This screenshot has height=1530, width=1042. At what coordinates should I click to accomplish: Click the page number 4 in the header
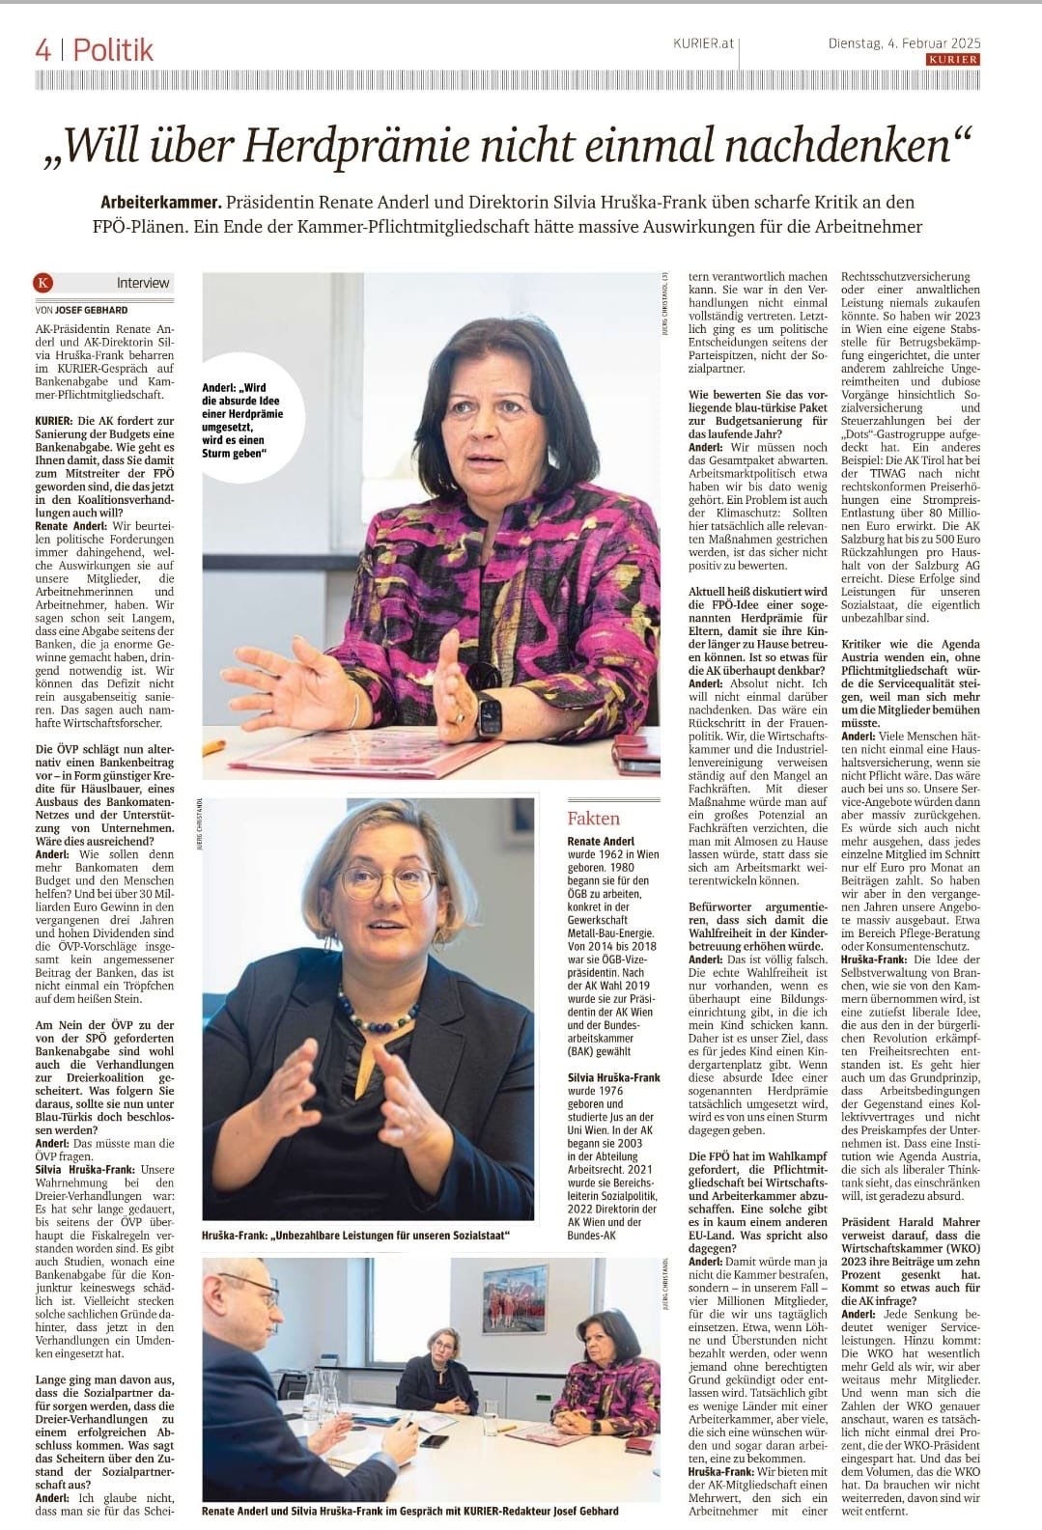point(43,49)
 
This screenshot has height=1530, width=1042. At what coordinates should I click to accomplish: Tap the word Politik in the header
point(113,49)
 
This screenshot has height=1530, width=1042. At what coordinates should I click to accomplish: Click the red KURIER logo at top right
point(952,59)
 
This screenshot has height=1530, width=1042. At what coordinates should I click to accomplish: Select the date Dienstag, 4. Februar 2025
point(904,42)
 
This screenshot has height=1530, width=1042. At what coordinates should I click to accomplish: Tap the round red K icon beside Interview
point(42,283)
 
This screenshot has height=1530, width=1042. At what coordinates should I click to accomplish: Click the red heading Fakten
point(594,819)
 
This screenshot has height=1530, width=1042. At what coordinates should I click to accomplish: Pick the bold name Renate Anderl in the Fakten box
point(601,842)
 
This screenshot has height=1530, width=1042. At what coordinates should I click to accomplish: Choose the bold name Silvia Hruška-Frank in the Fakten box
point(613,1077)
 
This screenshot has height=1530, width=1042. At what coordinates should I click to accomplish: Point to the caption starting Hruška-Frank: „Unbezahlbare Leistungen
point(355,1236)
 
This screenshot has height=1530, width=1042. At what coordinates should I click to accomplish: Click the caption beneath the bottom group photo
point(410,1510)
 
